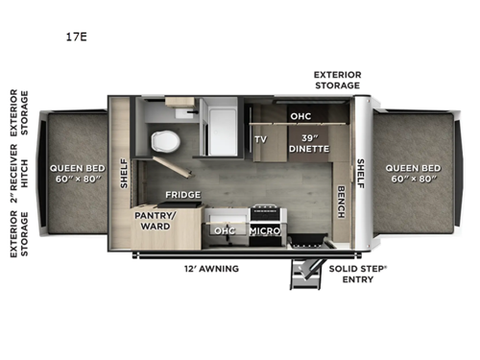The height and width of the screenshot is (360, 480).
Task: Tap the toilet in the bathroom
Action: pos(166,140)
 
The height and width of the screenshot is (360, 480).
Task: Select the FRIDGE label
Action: pos(181,194)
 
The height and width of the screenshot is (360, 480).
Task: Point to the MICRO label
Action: pos(264,230)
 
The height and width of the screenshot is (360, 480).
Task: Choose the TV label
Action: pos(260,138)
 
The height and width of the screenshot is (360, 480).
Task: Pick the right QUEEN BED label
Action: pos(411,174)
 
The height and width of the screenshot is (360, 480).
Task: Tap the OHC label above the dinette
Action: pos(300,116)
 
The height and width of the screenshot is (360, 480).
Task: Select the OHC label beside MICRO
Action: pos(225,230)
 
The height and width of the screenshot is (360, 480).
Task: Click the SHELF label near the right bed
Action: pos(361,173)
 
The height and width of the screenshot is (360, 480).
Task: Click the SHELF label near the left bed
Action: pos(123,173)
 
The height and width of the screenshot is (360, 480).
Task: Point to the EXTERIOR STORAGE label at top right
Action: pos(337,79)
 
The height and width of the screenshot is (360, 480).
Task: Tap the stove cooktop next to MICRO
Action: pos(264,211)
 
